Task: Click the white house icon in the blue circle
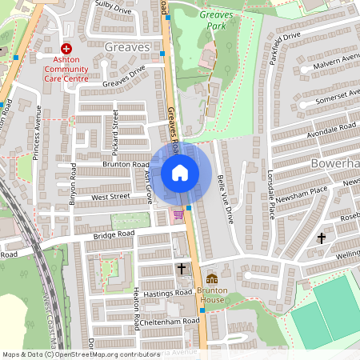(x=180, y=172)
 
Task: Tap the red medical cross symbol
(x=66, y=49)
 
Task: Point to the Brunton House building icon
(x=212, y=279)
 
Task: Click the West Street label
(x=110, y=196)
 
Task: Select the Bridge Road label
(x=114, y=235)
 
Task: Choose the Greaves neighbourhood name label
(x=127, y=47)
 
